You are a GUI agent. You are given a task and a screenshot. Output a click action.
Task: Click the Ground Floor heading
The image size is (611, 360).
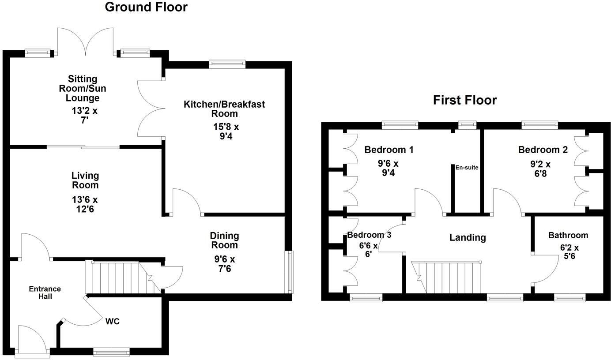click(146, 7)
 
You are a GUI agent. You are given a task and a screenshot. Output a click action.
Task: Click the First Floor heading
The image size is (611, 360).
click(465, 100)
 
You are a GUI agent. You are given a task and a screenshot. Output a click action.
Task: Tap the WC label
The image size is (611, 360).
click(112, 322)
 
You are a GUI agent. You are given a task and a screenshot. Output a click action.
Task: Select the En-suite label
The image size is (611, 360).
click(468, 168)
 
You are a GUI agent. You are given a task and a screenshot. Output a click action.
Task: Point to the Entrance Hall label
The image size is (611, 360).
click(45, 292)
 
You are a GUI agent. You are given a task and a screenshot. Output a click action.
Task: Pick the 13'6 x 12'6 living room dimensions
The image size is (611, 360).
click(85, 204)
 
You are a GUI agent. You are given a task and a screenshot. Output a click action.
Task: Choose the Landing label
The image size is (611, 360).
click(468, 237)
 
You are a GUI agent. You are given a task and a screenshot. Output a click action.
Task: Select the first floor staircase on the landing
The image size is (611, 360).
click(447, 277)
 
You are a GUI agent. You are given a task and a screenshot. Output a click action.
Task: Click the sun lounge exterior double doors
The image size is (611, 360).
click(86, 42)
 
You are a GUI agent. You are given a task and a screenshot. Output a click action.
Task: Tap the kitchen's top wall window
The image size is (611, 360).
click(227, 64)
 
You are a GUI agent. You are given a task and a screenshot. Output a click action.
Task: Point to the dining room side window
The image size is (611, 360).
click(290, 272)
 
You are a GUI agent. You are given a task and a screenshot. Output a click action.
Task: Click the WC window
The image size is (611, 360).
click(111, 352)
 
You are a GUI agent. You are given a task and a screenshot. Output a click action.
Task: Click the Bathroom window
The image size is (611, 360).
click(570, 299)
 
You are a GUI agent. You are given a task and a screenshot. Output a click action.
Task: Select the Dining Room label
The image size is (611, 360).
click(224, 240)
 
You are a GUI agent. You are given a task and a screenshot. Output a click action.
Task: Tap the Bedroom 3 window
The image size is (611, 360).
click(366, 299)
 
